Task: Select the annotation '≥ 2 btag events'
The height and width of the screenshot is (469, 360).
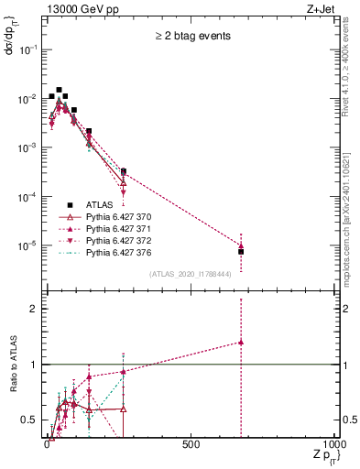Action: click(x=191, y=37)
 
